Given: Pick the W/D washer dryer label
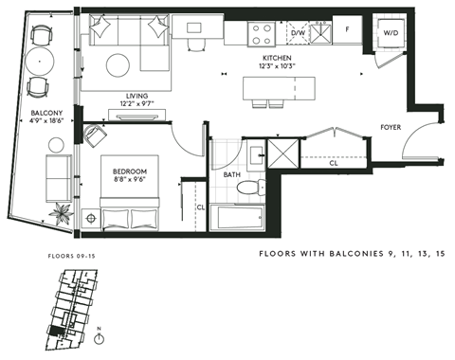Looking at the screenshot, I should point(391,32).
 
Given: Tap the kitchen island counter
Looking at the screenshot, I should point(283,89).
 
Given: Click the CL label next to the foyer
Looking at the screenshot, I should point(334,162).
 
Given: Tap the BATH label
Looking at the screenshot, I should point(231,174).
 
